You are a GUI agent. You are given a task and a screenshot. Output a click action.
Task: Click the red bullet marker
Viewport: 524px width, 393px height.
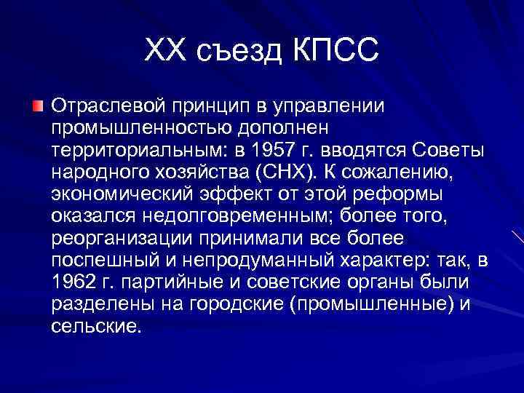(x=37, y=108)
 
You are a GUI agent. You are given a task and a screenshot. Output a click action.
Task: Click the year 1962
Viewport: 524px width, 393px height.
(x=71, y=282)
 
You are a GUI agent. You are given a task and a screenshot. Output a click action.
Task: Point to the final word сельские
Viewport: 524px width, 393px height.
(x=94, y=325)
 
